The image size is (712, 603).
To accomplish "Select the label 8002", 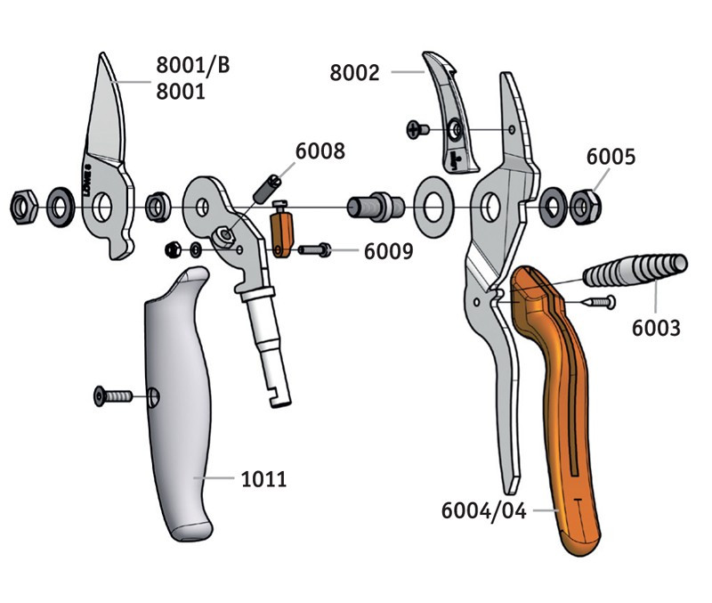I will (x=354, y=73).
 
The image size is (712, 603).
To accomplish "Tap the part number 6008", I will (x=320, y=151).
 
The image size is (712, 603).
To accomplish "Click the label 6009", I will (x=388, y=251).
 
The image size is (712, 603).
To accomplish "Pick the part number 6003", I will (x=656, y=328).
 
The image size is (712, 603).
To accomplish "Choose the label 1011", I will (x=263, y=480).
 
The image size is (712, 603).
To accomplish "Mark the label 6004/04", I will (x=483, y=511).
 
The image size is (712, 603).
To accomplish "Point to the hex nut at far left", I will (x=21, y=207).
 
